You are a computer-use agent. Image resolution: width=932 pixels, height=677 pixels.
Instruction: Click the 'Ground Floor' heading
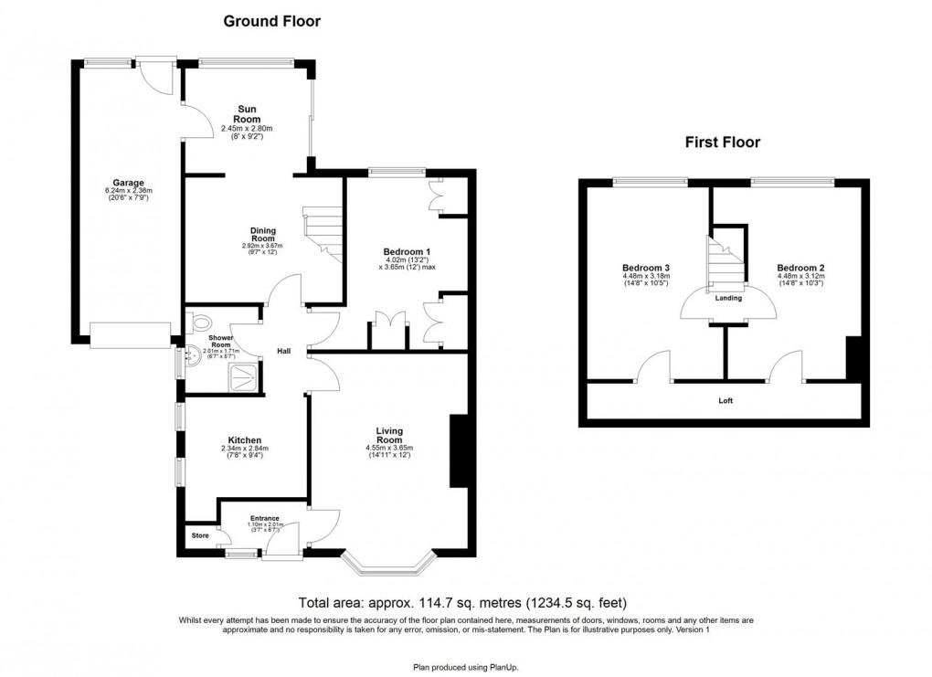click(272, 20)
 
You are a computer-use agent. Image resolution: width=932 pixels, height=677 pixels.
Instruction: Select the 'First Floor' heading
click(723, 142)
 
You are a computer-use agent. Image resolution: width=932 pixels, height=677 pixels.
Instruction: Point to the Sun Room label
click(247, 114)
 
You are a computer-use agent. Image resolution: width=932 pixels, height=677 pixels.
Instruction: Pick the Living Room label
click(389, 435)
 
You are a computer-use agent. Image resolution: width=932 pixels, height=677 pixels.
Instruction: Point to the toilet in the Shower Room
click(200, 322)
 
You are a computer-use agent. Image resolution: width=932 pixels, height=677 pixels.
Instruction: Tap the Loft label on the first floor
click(725, 400)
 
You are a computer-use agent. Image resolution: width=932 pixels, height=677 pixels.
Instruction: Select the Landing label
click(728, 298)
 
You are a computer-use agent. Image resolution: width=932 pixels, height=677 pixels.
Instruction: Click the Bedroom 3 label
click(646, 269)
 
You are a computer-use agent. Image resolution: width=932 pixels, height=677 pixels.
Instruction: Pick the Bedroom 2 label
click(800, 269)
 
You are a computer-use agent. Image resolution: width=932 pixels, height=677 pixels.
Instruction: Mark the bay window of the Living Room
click(389, 566)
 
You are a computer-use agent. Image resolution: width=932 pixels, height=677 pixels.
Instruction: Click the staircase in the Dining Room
click(322, 233)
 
